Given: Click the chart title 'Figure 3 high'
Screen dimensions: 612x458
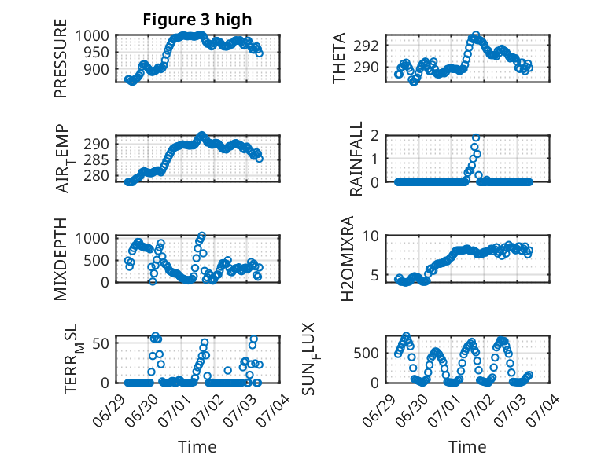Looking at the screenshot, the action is tap(197, 20).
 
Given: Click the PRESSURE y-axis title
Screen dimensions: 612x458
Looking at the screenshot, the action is tap(61, 58).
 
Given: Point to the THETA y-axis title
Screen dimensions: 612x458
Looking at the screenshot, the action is tap(339, 58).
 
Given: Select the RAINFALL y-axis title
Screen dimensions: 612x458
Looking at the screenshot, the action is tap(356, 159).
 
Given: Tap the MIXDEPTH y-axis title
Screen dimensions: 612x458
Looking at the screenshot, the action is tap(61, 259).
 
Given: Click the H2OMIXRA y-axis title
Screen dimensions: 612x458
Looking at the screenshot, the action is tap(347, 258).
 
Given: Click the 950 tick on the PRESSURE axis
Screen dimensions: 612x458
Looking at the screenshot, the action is tap(96, 52).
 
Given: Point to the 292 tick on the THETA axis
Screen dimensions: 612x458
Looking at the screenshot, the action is tap(366, 46).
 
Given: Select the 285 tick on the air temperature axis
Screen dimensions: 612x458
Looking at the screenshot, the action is tap(96, 159).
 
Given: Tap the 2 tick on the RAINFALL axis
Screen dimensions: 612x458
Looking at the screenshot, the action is tap(374, 135).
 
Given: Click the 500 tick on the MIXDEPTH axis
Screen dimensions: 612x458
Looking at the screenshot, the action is tap(96, 260).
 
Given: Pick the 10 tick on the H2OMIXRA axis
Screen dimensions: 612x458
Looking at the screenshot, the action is tap(371, 236).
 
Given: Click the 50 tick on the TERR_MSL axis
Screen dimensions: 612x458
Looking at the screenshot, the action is tap(101, 343).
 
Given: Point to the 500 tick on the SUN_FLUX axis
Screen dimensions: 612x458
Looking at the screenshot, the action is tap(366, 354).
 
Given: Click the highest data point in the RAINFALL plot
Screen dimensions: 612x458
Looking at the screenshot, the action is tap(476, 137).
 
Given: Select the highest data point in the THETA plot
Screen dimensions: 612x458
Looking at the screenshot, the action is tap(476, 35).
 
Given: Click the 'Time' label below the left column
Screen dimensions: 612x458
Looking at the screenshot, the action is tap(197, 446).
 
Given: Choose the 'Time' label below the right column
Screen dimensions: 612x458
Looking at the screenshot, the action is tap(467, 446).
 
